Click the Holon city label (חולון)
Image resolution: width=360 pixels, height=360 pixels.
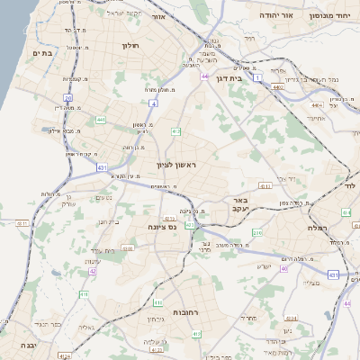pyautogui.click(x=129, y=43)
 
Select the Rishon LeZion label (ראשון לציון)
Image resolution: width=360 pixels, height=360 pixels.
pyautogui.click(x=175, y=165)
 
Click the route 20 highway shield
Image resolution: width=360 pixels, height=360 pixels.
pyautogui.click(x=67, y=97)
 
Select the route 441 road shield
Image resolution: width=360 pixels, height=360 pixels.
pyautogui.click(x=101, y=120)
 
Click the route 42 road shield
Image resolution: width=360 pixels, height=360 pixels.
pyautogui.click(x=93, y=270)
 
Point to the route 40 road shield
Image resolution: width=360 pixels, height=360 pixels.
pyautogui.click(x=283, y=267)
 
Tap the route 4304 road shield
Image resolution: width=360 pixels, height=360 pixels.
pyautogui.click(x=291, y=318)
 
